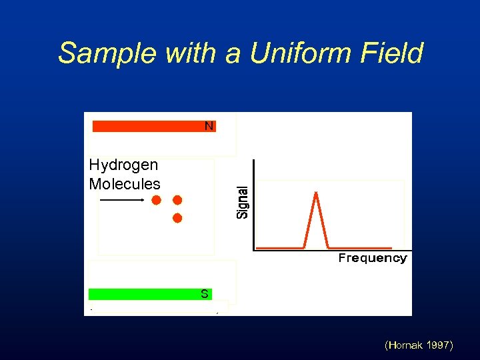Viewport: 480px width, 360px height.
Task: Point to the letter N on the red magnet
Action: pyautogui.click(x=209, y=126)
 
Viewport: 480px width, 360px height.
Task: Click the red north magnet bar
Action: pyautogui.click(x=147, y=126)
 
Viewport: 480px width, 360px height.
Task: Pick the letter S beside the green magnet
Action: pyautogui.click(x=205, y=294)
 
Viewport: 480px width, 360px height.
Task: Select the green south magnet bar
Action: pyautogui.click(x=143, y=294)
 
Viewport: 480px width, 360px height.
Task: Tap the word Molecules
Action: pyautogui.click(x=125, y=184)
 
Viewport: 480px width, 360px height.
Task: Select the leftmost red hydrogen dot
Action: pyautogui.click(x=156, y=200)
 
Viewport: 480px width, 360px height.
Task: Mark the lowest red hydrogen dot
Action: pyautogui.click(x=177, y=218)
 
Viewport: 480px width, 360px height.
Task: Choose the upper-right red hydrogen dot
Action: pyautogui.click(x=177, y=200)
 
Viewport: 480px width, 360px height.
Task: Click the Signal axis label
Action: pyautogui.click(x=243, y=202)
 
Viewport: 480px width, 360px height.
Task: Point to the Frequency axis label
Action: pyautogui.click(x=372, y=259)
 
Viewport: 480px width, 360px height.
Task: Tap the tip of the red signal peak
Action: pyautogui.click(x=315, y=193)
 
